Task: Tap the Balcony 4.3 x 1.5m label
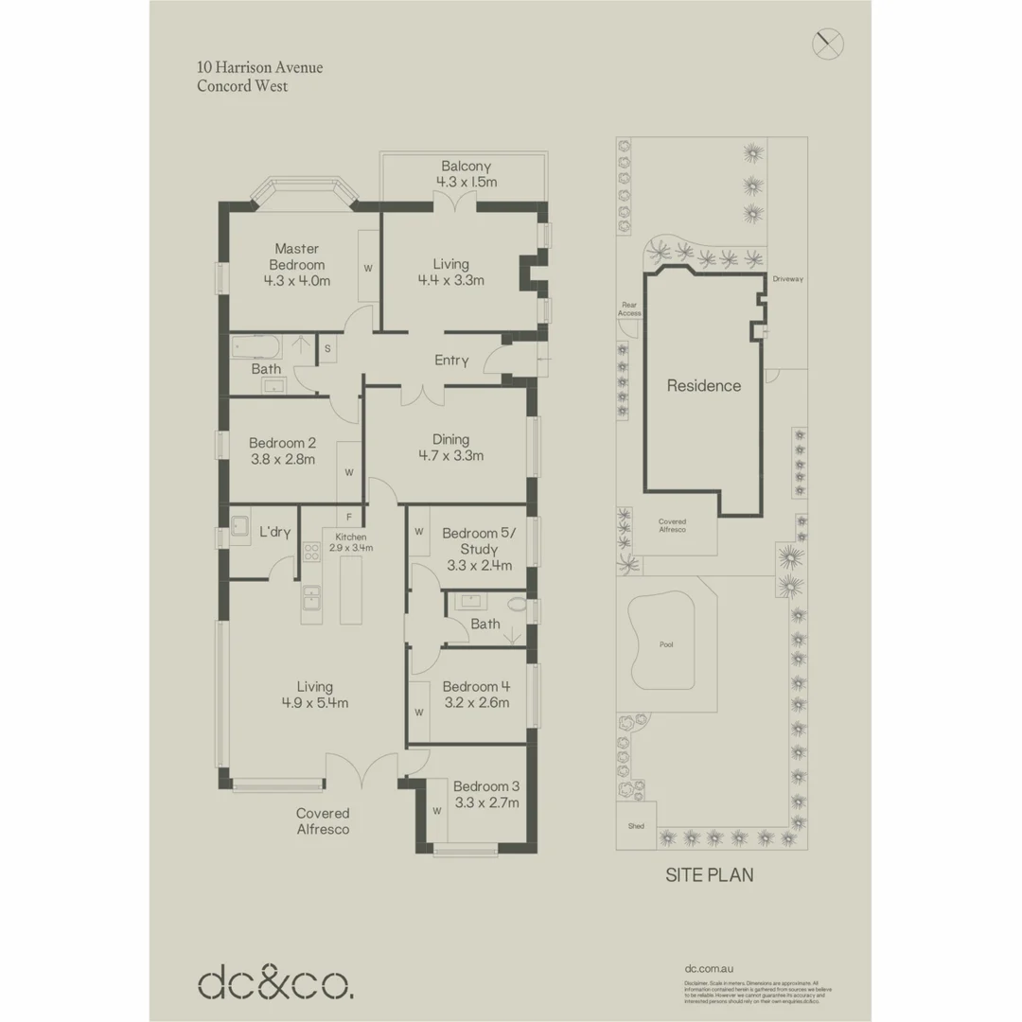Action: coord(466,174)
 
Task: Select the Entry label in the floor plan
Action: coord(451,361)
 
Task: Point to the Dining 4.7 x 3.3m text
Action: coord(450,448)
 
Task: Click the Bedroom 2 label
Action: coord(282,450)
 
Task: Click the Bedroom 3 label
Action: coord(485,794)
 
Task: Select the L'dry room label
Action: coord(274,532)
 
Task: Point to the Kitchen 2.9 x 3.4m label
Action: coord(350,542)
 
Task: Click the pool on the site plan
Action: coord(665,644)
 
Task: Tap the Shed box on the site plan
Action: coord(636,825)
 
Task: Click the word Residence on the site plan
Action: coord(703,386)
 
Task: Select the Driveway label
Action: coord(786,279)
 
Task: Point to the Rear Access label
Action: coord(629,308)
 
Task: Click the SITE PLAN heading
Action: coord(709,875)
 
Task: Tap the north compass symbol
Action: coord(827,43)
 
